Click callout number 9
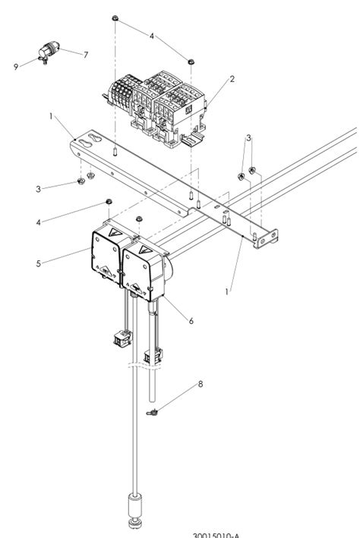(x=15, y=67)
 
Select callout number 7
(x=85, y=54)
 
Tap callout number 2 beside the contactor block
(x=232, y=78)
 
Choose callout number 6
(x=191, y=321)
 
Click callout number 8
(x=201, y=385)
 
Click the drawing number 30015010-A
(x=220, y=533)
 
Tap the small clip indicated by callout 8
(x=153, y=411)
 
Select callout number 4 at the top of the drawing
(x=151, y=36)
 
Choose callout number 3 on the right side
(x=248, y=137)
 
